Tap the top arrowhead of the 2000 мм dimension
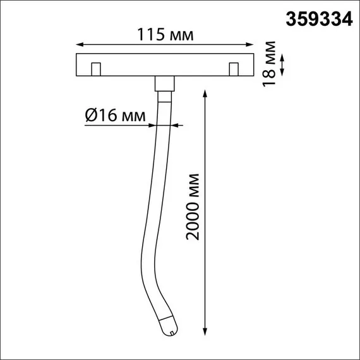[205, 92]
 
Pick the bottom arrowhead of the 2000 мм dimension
[205, 330]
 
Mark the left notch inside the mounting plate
[96, 69]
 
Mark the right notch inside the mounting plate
[234, 69]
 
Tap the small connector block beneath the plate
[164, 83]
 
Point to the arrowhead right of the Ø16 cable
[177, 126]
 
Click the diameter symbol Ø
[90, 116]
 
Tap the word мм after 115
[180, 35]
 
